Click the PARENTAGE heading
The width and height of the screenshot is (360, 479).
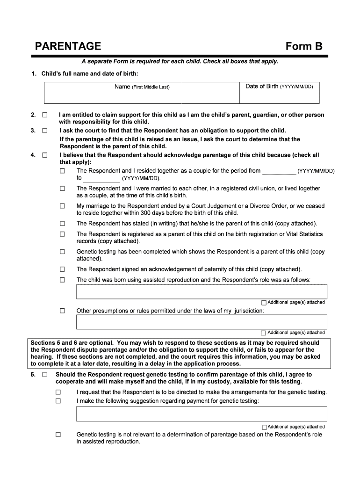(x=68, y=46)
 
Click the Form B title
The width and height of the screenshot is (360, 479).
(x=304, y=46)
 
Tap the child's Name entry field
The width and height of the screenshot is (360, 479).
(x=142, y=95)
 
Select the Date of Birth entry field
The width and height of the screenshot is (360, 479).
(x=279, y=95)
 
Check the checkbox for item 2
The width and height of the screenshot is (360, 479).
(x=45, y=115)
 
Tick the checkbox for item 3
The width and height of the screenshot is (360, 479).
(x=45, y=131)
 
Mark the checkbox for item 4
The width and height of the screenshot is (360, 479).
(x=45, y=155)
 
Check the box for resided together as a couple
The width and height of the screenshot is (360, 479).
(x=62, y=171)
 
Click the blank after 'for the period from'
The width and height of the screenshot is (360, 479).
(x=279, y=171)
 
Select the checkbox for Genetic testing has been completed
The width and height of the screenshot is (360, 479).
(x=62, y=252)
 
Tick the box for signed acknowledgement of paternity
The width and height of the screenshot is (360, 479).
(x=62, y=269)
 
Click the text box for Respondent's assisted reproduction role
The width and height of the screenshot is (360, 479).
(x=202, y=291)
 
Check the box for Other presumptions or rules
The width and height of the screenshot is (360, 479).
(x=62, y=311)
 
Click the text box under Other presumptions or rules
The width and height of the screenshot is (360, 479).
(x=202, y=322)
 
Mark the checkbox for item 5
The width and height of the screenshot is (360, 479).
(x=45, y=375)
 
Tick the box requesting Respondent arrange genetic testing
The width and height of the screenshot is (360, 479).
(x=58, y=392)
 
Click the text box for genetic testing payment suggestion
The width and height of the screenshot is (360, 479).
(x=202, y=414)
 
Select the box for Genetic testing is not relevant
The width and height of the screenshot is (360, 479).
(x=58, y=435)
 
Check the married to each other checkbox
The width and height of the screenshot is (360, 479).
(x=62, y=189)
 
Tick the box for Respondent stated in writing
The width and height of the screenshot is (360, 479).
(x=62, y=224)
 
